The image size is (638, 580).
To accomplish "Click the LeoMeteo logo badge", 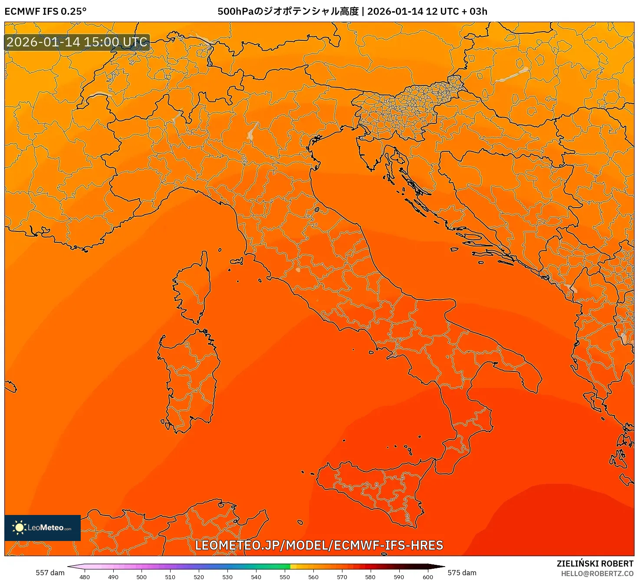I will pyautogui.click(x=43, y=528).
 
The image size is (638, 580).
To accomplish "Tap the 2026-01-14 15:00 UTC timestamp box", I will pyautogui.click(x=77, y=42).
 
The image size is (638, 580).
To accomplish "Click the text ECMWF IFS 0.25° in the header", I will pyautogui.click(x=46, y=11).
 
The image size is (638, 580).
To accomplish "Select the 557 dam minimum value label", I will pyautogui.click(x=50, y=573).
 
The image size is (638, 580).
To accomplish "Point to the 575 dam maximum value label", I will pyautogui.click(x=462, y=573).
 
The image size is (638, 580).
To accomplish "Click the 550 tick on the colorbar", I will pyautogui.click(x=285, y=577).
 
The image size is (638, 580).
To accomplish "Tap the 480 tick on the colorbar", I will pyautogui.click(x=85, y=577).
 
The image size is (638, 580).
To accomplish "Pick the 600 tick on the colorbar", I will pyautogui.click(x=428, y=577).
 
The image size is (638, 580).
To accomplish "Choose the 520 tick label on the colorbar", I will pyautogui.click(x=199, y=577).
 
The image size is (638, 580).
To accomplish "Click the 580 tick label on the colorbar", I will pyautogui.click(x=370, y=577).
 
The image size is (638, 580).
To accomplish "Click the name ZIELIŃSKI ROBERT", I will pyautogui.click(x=595, y=564).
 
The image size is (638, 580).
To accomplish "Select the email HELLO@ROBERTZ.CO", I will pyautogui.click(x=597, y=573).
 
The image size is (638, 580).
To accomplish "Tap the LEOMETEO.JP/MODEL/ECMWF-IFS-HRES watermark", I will pyautogui.click(x=319, y=545).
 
